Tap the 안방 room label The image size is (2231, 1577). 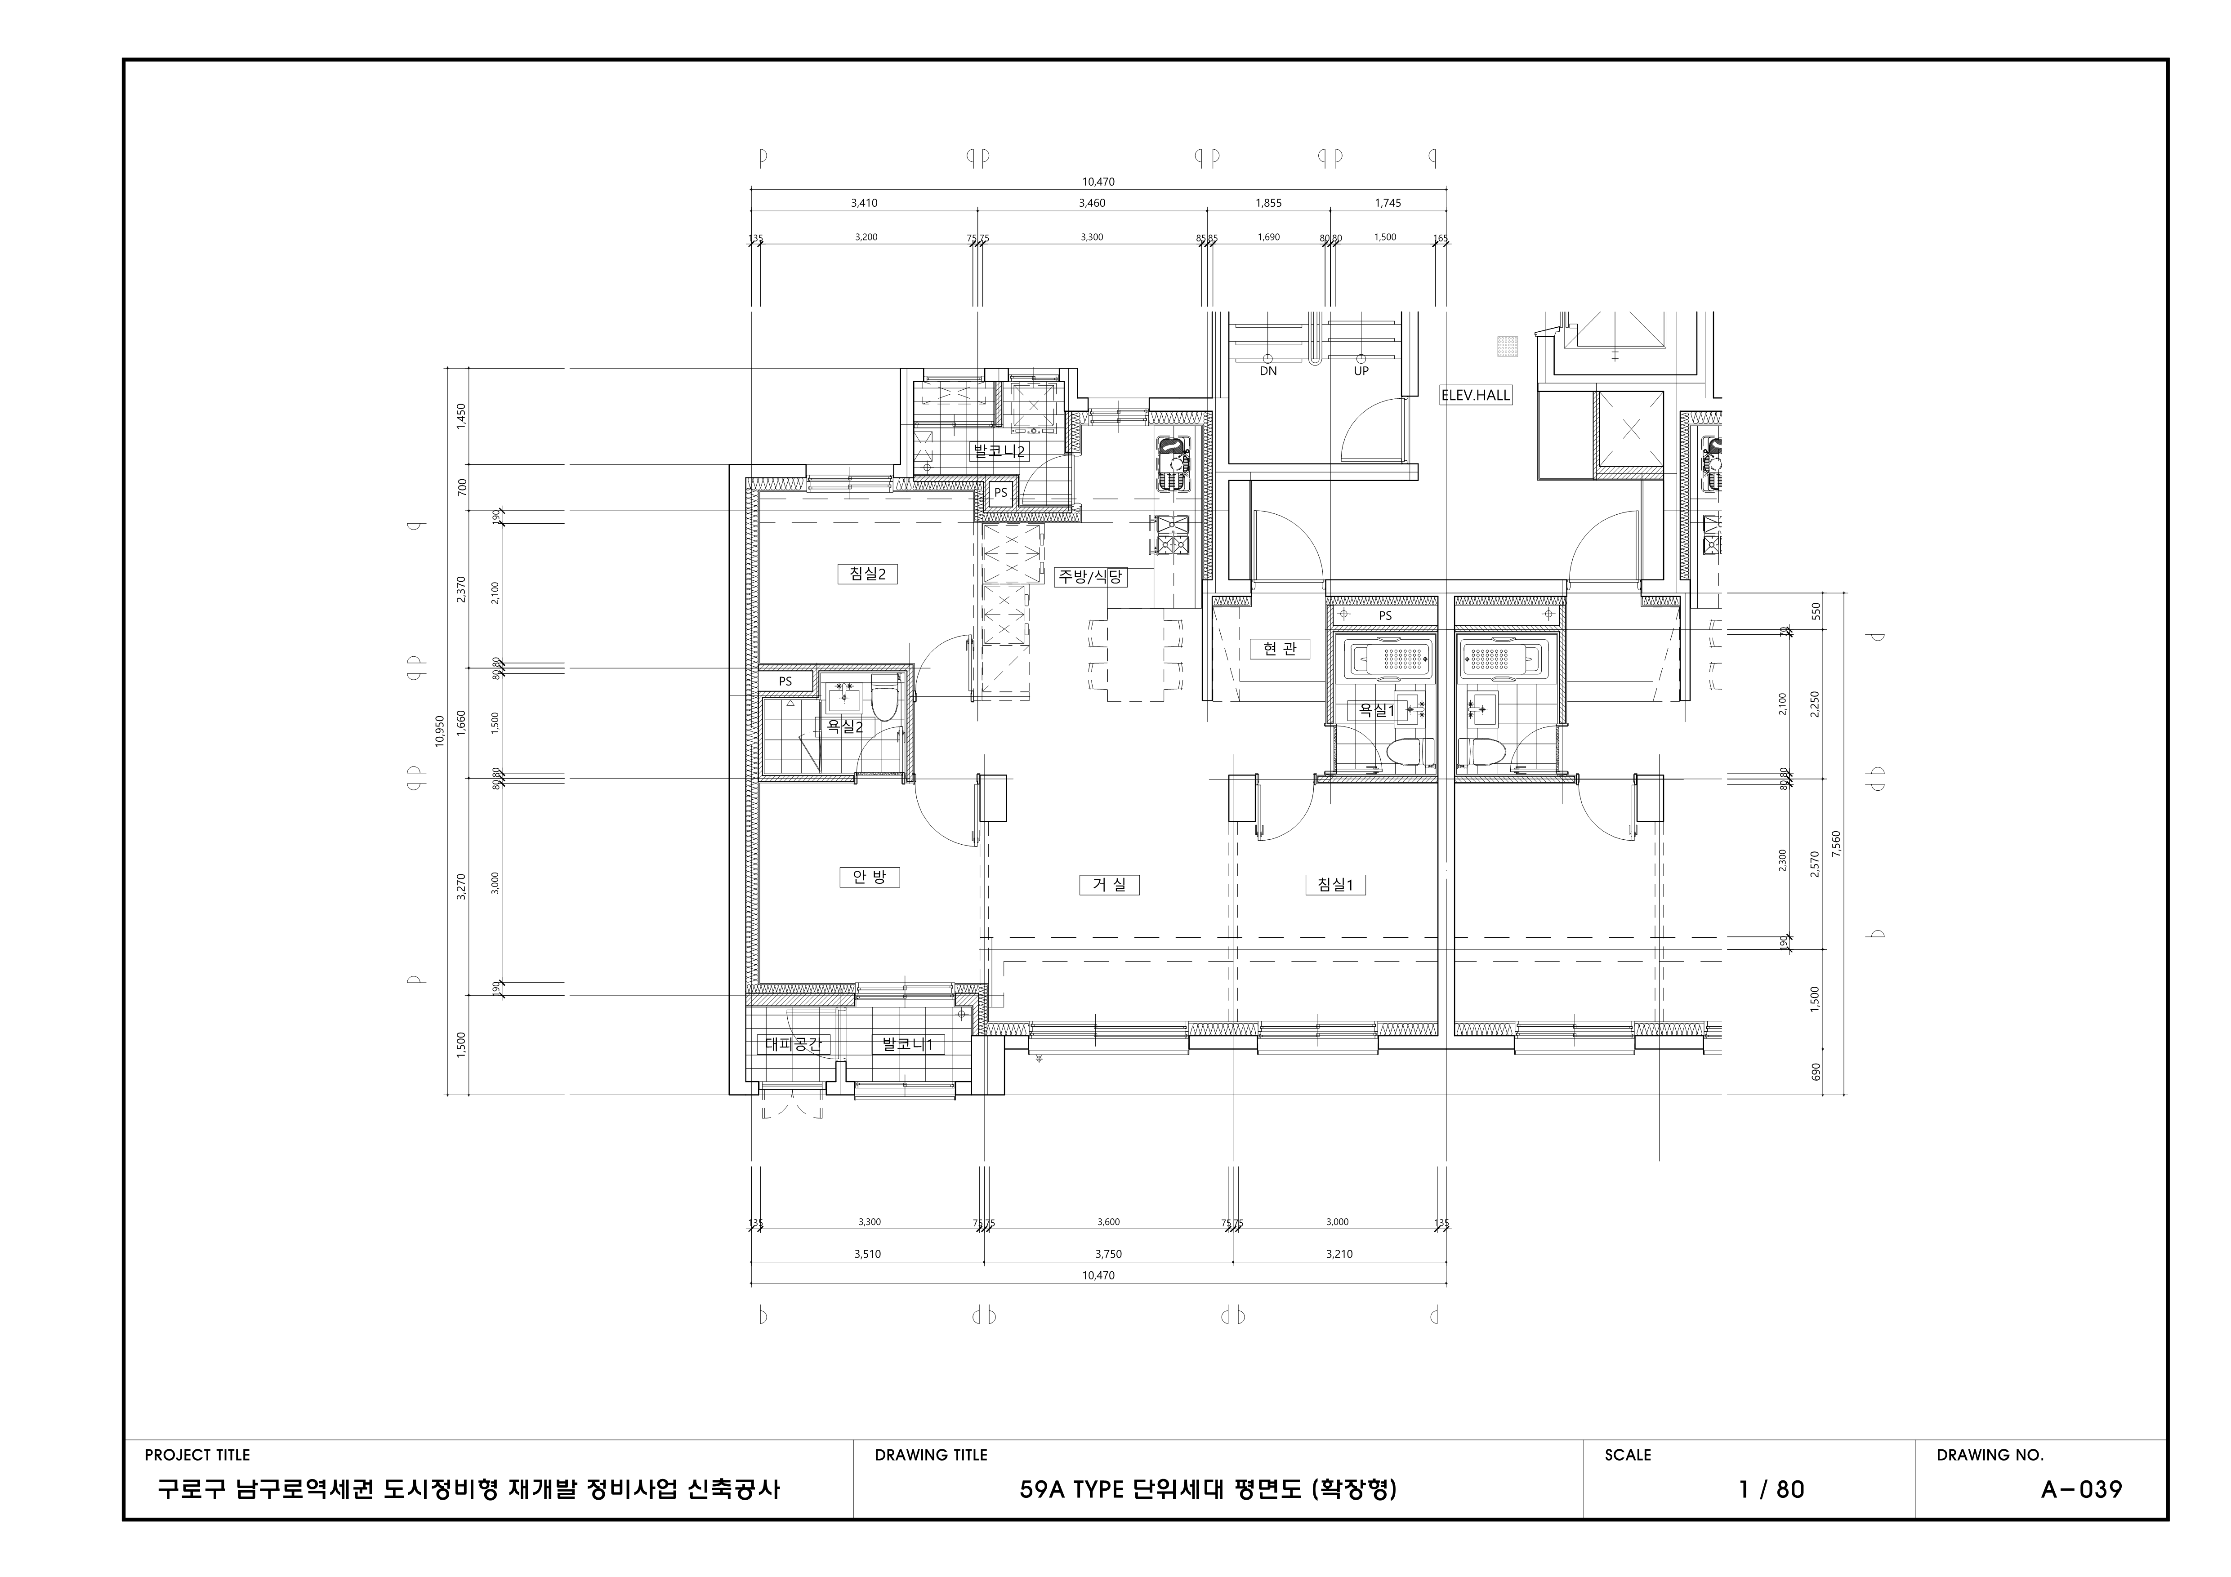[x=869, y=878]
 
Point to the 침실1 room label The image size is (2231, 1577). [x=1335, y=884]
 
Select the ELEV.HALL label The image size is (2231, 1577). [x=1475, y=396]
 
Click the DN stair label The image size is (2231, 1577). [x=1268, y=371]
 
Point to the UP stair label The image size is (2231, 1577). [x=1361, y=371]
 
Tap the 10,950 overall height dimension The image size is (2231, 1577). [x=439, y=731]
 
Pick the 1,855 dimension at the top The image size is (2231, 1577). [x=1268, y=203]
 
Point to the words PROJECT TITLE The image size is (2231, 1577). [x=197, y=1455]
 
